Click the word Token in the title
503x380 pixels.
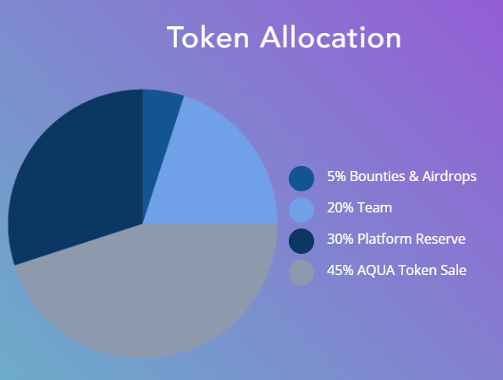pyautogui.click(x=207, y=37)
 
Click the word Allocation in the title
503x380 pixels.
pyautogui.click(x=330, y=37)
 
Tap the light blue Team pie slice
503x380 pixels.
pyautogui.click(x=218, y=173)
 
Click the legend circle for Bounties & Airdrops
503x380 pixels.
pyautogui.click(x=301, y=179)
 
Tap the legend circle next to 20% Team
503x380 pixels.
pyautogui.click(x=301, y=210)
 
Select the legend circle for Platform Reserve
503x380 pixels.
pyautogui.click(x=301, y=241)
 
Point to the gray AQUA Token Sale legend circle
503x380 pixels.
pyautogui.click(x=301, y=273)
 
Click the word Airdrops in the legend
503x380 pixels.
pyautogui.click(x=450, y=177)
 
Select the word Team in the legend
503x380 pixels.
pyautogui.click(x=374, y=208)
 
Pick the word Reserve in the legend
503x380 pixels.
pyautogui.click(x=440, y=239)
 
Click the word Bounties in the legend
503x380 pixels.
pyautogui.click(x=378, y=176)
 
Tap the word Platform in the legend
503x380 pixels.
pyautogui.click(x=384, y=239)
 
